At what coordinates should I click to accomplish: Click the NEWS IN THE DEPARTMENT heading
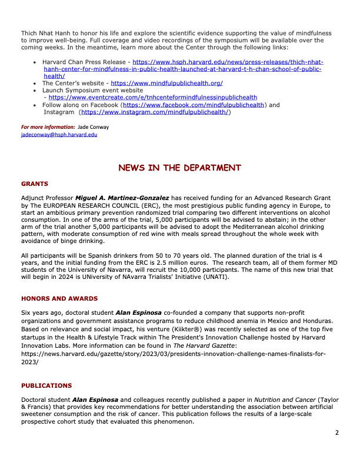(179, 168)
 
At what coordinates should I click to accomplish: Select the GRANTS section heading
(35, 184)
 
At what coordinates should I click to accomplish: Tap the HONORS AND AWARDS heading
(59, 299)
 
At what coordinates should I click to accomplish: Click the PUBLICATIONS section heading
(46, 386)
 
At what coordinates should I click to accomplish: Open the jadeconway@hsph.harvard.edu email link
(59, 134)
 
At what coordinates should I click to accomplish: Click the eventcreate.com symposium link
(152, 98)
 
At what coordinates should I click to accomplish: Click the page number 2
(337, 433)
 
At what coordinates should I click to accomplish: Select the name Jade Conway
(95, 127)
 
